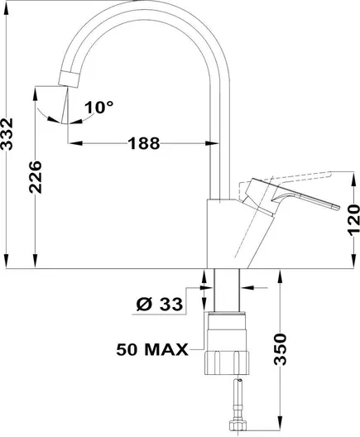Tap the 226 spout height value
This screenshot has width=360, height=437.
pyautogui.click(x=35, y=177)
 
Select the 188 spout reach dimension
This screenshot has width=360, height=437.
pyautogui.click(x=144, y=143)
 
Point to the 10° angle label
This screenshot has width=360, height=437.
pyautogui.click(x=99, y=108)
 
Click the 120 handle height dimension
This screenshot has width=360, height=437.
pyautogui.click(x=354, y=220)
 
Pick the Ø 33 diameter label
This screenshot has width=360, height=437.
pyautogui.click(x=160, y=304)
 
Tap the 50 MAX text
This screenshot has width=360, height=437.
pyautogui.click(x=152, y=349)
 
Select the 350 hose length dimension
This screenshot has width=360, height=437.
pyautogui.click(x=280, y=349)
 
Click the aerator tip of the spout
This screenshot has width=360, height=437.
pyautogui.click(x=69, y=79)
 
